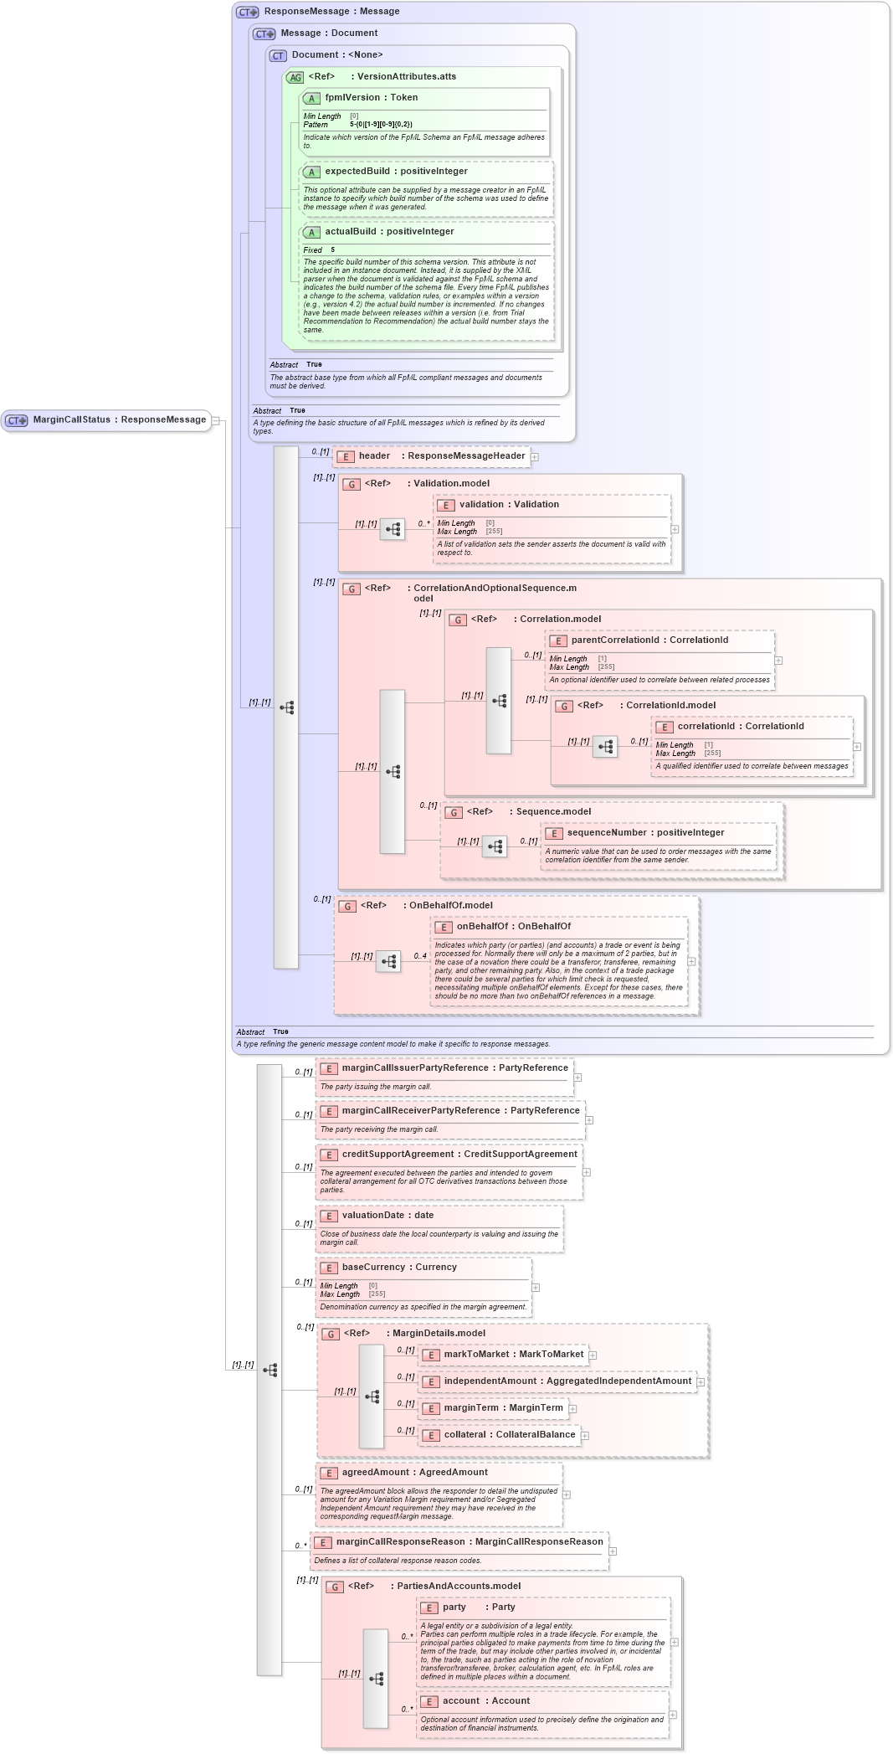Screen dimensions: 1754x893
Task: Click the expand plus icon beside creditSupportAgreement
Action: click(587, 1172)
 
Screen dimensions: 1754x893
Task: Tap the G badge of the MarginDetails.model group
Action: click(331, 1335)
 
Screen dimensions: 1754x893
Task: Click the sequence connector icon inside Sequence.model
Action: click(495, 846)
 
